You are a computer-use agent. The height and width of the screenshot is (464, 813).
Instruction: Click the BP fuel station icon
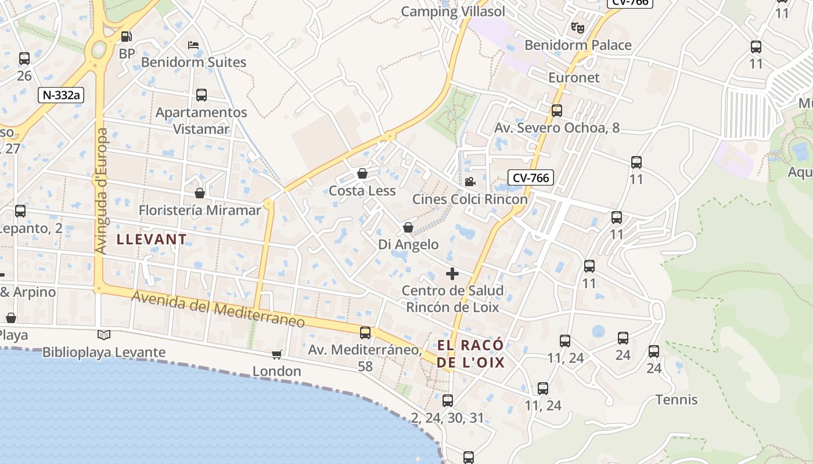coord(126,37)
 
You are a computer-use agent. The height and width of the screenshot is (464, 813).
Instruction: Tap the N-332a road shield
coord(61,95)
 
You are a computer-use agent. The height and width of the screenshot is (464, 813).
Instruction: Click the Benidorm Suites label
coord(193,62)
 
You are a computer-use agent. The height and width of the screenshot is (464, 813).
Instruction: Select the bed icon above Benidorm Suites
coord(193,45)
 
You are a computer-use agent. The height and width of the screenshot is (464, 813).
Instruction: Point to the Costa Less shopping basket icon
coord(362,173)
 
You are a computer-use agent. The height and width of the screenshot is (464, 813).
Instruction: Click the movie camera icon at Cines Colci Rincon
coord(470,182)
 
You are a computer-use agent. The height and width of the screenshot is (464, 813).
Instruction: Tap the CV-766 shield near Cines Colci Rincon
coord(531,177)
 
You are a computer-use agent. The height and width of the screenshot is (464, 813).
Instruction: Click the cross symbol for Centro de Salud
coord(452,273)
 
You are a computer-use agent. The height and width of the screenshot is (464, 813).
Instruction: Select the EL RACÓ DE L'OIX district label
coord(470,354)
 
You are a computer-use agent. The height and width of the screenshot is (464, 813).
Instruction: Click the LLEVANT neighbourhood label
coord(152,239)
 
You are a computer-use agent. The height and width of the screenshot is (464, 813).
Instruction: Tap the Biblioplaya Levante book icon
coord(104,335)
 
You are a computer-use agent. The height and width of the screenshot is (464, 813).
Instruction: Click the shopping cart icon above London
coord(277,354)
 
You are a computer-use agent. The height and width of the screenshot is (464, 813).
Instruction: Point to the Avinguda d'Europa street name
coord(102,191)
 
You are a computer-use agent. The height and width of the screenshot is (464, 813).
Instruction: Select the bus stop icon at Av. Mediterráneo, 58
coord(365,333)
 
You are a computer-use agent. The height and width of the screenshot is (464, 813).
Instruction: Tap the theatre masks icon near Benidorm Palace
coord(577,27)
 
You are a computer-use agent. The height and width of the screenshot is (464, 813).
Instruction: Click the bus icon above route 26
coord(24,59)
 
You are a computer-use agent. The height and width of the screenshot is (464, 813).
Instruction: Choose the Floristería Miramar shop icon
coord(200,193)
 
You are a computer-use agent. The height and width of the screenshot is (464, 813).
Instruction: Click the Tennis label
coord(677,400)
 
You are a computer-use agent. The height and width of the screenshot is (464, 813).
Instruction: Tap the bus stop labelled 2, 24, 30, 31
coord(447,401)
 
